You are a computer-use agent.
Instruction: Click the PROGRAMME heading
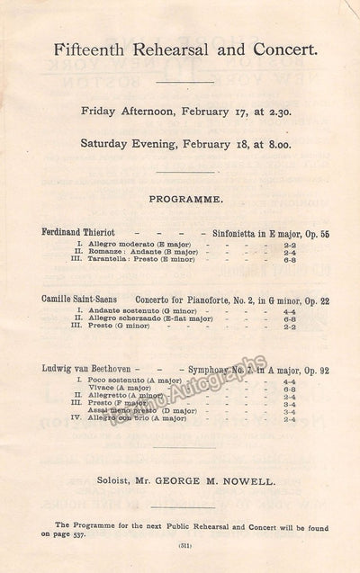point(181,195)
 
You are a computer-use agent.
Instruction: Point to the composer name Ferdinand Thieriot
point(80,231)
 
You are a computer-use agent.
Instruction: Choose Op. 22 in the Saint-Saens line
point(310,299)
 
